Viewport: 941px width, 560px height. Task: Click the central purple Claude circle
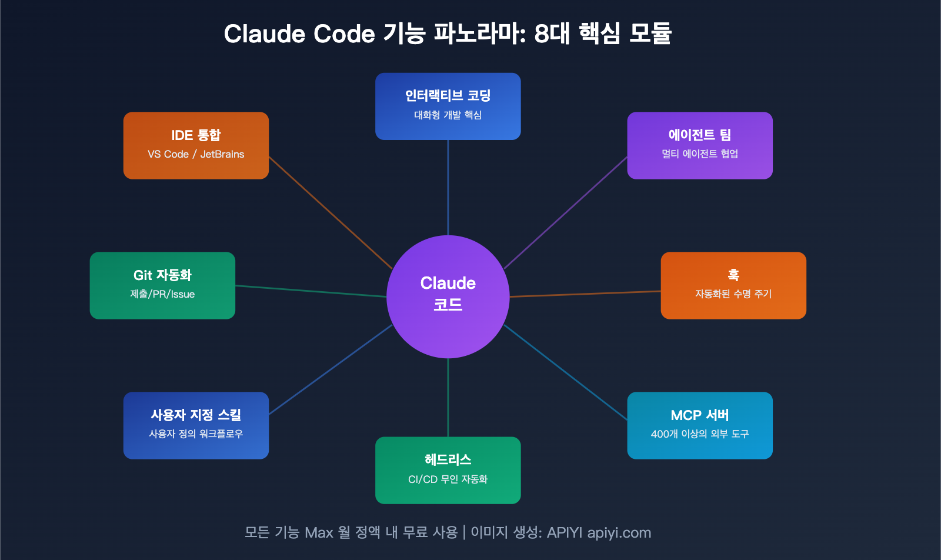448,296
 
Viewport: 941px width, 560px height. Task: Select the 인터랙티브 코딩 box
448,106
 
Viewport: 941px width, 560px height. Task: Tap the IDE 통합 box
196,145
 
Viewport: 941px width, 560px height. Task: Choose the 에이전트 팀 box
699,145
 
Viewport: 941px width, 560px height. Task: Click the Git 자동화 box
162,285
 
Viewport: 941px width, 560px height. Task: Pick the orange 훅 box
733,285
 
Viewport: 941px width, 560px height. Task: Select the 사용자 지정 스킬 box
196,425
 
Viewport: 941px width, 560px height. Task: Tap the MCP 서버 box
699,425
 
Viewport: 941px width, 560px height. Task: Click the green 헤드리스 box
448,470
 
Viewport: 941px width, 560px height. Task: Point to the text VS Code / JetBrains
196,154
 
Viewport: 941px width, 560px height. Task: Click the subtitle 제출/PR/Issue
162,294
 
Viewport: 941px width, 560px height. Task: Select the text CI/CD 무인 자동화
448,479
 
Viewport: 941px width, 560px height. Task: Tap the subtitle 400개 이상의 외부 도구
699,434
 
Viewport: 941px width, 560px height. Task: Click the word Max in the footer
319,532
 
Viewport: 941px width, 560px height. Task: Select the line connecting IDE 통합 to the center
331,213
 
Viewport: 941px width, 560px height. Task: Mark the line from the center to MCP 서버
566,372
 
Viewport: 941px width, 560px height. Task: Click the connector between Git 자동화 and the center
311,291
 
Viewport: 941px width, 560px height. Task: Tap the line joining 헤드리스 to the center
448,397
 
